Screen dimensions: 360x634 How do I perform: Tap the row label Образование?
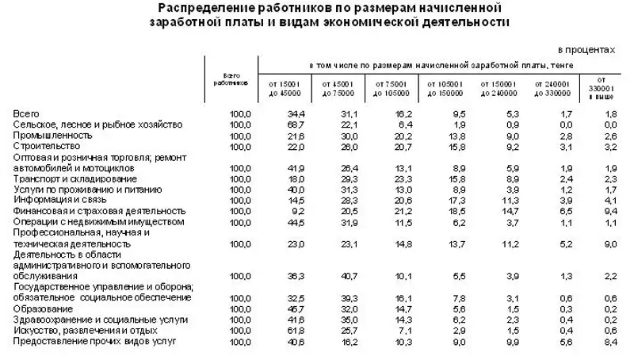(41, 308)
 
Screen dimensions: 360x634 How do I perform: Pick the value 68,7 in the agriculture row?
(296, 125)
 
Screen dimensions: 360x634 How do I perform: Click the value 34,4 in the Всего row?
(296, 114)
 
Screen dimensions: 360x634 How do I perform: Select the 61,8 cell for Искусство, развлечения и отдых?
(296, 330)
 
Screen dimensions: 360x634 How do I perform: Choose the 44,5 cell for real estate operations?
(296, 222)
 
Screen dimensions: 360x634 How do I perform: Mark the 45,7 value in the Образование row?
(296, 308)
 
